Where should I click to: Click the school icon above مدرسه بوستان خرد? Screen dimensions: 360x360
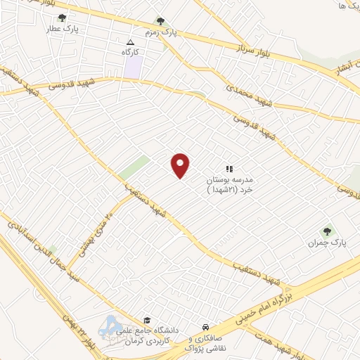pos(229,169)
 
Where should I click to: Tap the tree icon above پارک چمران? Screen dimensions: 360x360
pos(326,231)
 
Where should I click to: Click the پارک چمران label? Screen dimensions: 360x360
pos(323,243)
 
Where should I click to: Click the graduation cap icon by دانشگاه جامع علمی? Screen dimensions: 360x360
pos(147,319)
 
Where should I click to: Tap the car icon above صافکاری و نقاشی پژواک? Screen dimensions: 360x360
pos(205,328)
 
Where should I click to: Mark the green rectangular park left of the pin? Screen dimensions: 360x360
pos(134,168)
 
